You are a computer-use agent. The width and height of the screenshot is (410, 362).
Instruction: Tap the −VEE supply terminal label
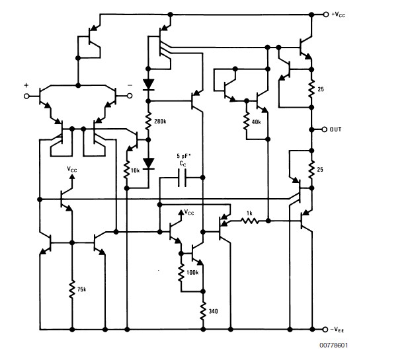(339, 329)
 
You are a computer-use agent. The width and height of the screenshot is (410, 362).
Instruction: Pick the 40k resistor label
(256, 122)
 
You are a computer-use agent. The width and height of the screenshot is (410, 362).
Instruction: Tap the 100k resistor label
(193, 271)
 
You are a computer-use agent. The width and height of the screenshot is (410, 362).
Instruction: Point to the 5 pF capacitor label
(183, 157)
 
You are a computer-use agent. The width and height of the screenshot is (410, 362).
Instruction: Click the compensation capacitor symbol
(183, 178)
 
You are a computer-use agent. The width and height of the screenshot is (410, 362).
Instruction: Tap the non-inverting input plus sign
(27, 85)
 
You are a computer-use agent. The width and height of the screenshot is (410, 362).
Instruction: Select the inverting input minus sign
(130, 85)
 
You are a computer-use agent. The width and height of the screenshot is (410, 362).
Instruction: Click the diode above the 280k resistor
(148, 85)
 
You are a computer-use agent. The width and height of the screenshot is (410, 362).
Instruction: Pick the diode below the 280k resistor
(148, 163)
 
